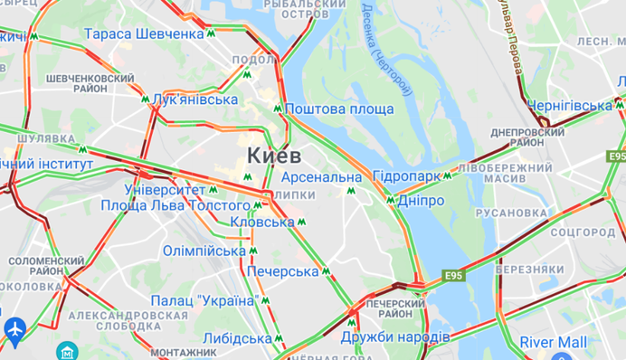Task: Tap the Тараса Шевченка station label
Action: [x=144, y=33]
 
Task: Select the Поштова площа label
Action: [x=339, y=109]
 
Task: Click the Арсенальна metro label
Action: [x=320, y=176]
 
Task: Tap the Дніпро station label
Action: [x=420, y=200]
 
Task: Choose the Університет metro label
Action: [x=166, y=191]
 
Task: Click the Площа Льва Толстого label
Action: [x=188, y=205]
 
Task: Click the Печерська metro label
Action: [x=282, y=270]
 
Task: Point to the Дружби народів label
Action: [x=395, y=336]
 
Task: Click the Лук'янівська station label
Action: [x=195, y=99]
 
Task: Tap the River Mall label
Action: [x=553, y=342]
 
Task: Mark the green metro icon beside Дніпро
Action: [x=391, y=200]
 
